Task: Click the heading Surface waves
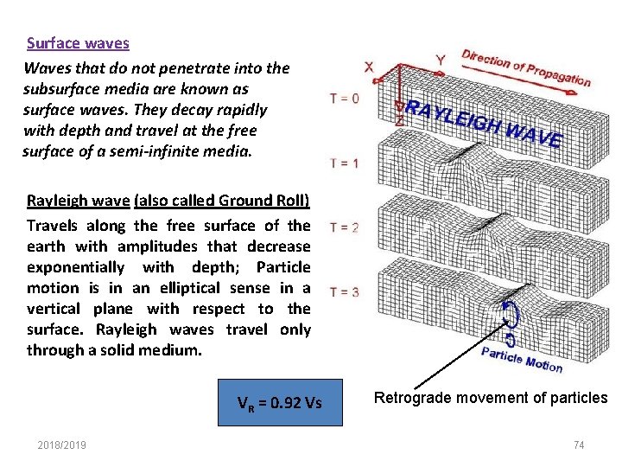coord(78,42)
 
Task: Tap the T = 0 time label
coord(345,99)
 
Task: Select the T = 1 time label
coord(345,163)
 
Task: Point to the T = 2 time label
coord(345,228)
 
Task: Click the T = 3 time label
coord(345,291)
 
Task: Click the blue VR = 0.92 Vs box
coord(280,401)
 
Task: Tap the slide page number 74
coord(579,445)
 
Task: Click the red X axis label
coord(369,67)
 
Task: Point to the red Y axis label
coord(441,61)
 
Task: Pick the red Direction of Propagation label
coord(526,67)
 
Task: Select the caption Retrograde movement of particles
coord(490,398)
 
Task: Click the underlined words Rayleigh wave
coord(79,201)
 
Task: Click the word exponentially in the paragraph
coord(75,266)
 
